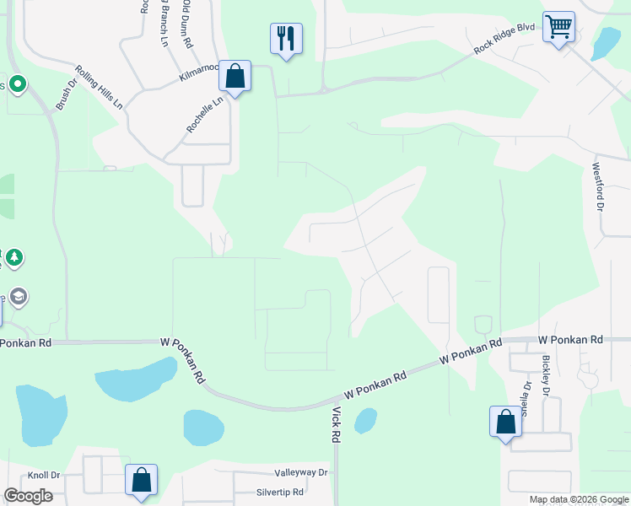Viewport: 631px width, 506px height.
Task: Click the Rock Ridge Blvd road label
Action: (504, 39)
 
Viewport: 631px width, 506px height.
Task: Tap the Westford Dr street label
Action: (599, 187)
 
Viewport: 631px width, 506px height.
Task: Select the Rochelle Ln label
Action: (205, 114)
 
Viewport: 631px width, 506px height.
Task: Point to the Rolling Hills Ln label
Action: (99, 87)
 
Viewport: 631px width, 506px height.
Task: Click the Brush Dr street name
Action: (66, 94)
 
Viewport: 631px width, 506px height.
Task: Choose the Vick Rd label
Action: (336, 425)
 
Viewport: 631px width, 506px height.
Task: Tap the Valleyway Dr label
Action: (300, 473)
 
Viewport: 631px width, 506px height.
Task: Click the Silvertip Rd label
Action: (281, 492)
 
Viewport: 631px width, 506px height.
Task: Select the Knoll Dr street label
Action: (44, 475)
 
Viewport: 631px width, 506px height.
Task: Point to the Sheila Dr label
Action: (526, 399)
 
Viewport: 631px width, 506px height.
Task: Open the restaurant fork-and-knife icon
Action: (286, 38)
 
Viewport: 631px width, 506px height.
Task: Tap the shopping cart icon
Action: (558, 27)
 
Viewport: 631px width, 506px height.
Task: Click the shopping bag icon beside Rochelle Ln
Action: (235, 77)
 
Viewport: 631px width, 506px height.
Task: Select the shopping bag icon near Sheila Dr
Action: (504, 421)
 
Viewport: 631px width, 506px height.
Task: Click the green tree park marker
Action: (13, 257)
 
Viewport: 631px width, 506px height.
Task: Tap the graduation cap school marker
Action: (19, 297)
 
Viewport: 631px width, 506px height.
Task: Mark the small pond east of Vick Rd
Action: (365, 419)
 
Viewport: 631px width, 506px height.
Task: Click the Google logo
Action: (28, 496)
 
